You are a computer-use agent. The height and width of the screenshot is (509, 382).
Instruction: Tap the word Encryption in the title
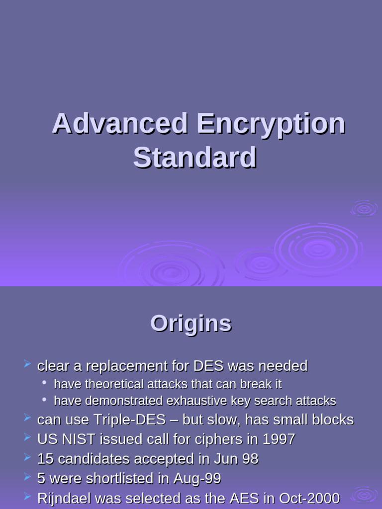(x=270, y=124)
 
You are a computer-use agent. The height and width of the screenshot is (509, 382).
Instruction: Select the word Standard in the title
(x=194, y=158)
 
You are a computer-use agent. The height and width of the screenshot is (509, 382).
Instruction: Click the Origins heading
(x=191, y=324)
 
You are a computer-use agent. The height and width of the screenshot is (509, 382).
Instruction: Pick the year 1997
(x=278, y=439)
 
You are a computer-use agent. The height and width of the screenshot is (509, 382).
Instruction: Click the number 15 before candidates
(x=45, y=459)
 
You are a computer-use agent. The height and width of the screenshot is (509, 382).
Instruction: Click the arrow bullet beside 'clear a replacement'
(x=27, y=365)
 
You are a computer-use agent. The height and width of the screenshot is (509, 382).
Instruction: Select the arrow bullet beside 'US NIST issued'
(x=27, y=438)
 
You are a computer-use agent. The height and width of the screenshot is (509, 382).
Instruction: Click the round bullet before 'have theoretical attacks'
(x=45, y=383)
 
